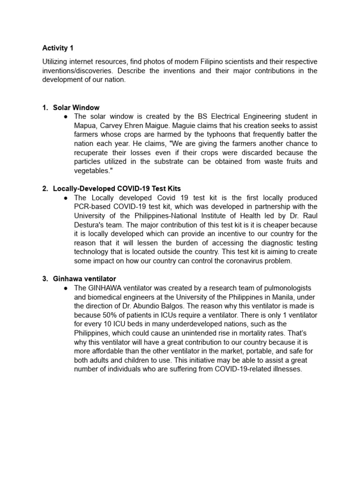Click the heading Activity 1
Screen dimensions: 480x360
(58, 48)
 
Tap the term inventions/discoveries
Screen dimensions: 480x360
(77, 71)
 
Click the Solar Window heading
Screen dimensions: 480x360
(76, 108)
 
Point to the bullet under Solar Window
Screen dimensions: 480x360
(67, 117)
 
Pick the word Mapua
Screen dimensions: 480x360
(85, 126)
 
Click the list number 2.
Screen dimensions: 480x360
(45, 188)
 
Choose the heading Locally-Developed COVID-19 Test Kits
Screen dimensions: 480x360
(117, 188)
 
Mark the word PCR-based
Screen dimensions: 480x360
(92, 207)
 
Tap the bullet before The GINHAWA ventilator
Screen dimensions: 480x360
(67, 288)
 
